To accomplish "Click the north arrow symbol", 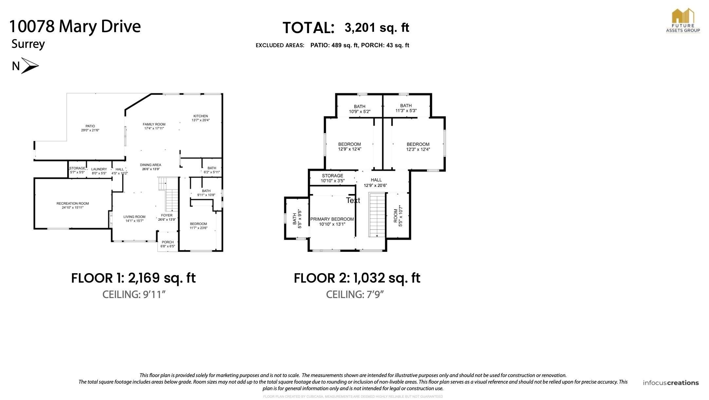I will [x=29, y=66].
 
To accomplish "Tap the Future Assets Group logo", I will [x=683, y=20].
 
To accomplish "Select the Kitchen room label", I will [x=200, y=116].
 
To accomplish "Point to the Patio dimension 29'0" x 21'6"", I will [x=90, y=130].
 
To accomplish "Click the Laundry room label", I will [x=99, y=169].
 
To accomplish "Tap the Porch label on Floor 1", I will [x=168, y=242].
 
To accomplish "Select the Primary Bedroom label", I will [x=332, y=219].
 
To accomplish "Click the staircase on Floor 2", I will [x=377, y=215].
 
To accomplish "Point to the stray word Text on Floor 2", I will [x=353, y=200].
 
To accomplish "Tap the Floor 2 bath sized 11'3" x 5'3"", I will [x=406, y=108].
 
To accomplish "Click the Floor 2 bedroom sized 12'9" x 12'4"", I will [x=349, y=147].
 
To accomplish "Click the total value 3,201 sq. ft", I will [x=377, y=28].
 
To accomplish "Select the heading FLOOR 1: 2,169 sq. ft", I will [x=133, y=278].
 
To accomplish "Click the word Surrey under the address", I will [x=28, y=44].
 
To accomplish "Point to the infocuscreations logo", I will [x=671, y=383].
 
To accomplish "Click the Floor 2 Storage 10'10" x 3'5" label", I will [x=332, y=178].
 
